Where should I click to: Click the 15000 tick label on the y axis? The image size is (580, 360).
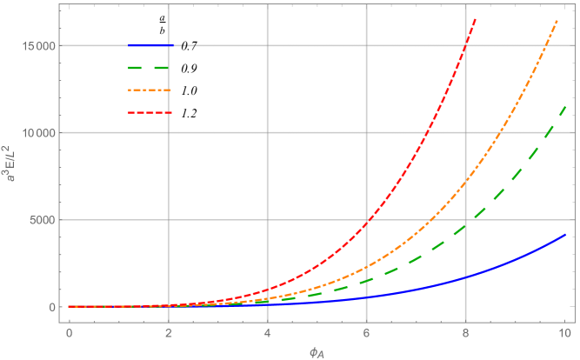(40, 45)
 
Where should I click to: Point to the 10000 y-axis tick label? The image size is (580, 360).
(40, 133)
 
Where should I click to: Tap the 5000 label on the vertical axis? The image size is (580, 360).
(43, 220)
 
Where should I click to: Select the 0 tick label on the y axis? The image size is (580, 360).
(52, 307)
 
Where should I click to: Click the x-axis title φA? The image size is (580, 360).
(316, 350)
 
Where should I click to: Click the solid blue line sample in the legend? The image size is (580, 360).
(150, 45)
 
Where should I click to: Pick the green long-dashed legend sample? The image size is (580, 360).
(150, 67)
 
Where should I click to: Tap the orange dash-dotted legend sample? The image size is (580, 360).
(150, 90)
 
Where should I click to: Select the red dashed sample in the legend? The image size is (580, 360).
(150, 112)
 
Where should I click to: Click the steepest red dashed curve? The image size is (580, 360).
(426, 130)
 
